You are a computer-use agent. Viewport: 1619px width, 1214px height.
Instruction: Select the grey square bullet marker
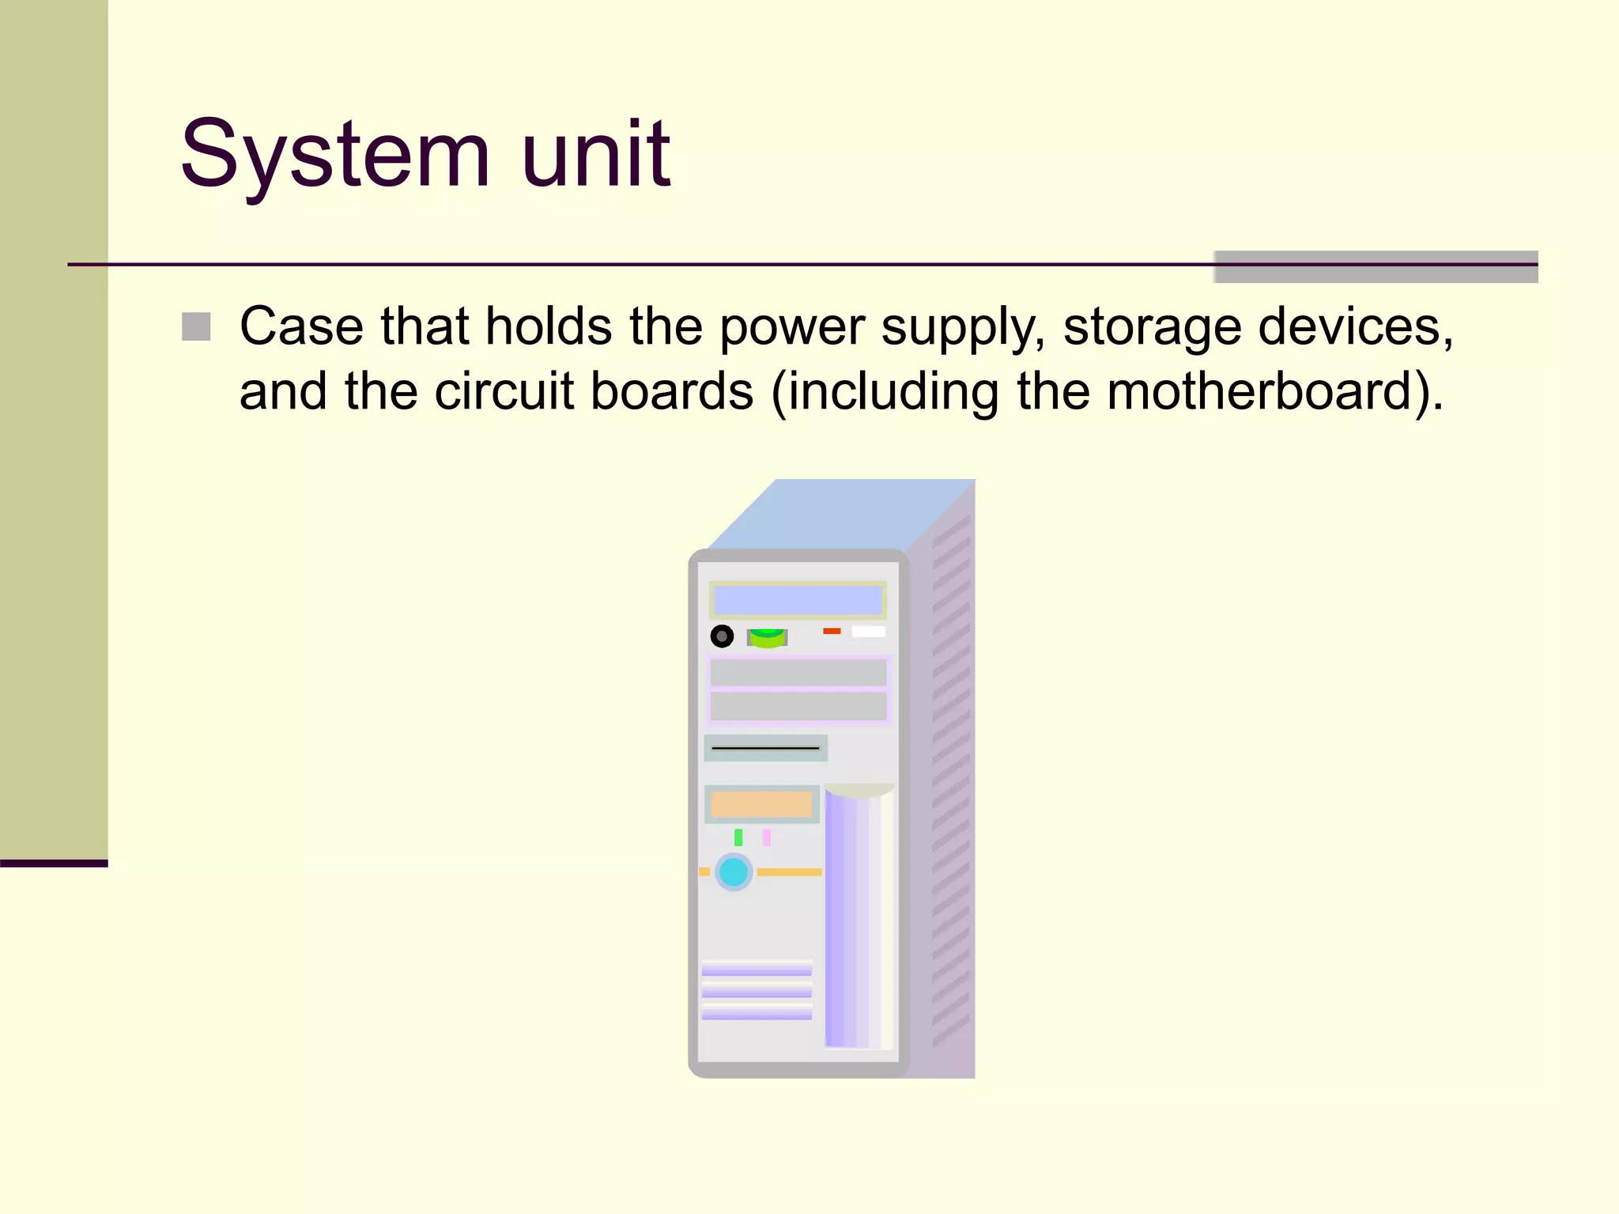point(196,326)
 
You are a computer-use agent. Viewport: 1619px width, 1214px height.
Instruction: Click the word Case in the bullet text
point(301,326)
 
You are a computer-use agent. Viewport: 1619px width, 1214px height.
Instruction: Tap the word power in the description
point(791,327)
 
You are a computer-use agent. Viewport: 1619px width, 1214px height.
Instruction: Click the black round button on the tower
point(722,636)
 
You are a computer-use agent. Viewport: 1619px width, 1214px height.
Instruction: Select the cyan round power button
point(734,872)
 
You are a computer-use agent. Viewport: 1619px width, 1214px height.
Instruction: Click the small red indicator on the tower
point(832,631)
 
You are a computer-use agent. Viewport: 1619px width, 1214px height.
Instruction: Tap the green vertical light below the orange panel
point(738,838)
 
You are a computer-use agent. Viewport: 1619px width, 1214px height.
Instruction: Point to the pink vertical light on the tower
point(766,838)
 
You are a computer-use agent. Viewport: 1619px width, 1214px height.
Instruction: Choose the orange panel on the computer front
point(761,805)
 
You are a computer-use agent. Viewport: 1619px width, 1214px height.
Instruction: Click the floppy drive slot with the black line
point(765,748)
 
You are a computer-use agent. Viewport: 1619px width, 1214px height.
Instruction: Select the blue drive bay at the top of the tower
point(798,601)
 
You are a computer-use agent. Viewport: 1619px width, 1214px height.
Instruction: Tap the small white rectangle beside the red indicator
point(868,632)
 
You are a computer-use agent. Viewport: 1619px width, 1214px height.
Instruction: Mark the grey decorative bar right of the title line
point(1376,267)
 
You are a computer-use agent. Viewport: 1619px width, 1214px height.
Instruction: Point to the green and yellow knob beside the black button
point(767,637)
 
